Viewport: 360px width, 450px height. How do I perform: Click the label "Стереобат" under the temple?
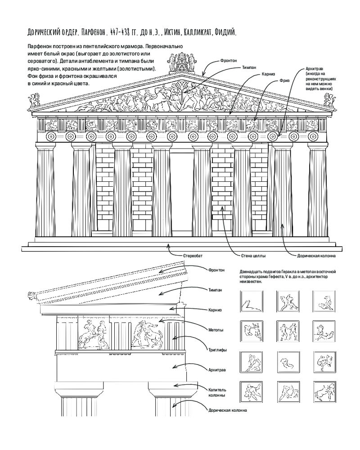[193, 256]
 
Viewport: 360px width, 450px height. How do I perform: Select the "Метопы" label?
[216, 330]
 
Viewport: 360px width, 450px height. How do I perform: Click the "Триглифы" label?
[217, 350]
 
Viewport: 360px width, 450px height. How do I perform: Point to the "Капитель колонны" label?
[217, 392]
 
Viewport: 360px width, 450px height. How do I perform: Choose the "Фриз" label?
[284, 81]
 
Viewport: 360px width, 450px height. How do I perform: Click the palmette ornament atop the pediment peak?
[181, 62]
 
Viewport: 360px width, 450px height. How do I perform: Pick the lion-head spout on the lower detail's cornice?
[33, 296]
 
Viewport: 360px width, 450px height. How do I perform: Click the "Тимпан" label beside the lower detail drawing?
[215, 290]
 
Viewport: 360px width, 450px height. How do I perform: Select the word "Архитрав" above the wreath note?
[315, 69]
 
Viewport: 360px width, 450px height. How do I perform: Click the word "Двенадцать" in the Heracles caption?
[249, 272]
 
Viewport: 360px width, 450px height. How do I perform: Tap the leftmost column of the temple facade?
[45, 189]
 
